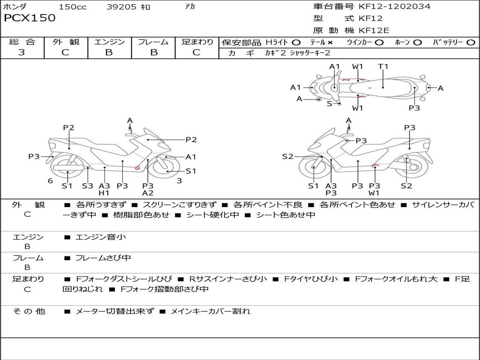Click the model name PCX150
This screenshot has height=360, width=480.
[30, 18]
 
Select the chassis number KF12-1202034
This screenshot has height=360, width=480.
[394, 7]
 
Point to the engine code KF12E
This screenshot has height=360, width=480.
[374, 30]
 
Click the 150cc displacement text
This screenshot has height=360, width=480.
[72, 7]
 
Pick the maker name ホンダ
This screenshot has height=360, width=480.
[15, 7]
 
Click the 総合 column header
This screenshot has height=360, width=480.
[22, 42]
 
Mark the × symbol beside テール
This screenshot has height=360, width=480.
[330, 42]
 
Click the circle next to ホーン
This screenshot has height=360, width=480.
[418, 42]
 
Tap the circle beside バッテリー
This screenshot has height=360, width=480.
[471, 42]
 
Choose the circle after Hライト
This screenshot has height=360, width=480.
[296, 42]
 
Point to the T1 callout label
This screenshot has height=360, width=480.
[383, 66]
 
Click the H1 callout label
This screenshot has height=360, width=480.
[104, 193]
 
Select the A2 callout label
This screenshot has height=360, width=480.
[148, 193]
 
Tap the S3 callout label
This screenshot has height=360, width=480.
[88, 186]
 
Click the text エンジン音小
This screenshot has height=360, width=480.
[101, 237]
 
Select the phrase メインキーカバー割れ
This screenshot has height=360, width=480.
[210, 311]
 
